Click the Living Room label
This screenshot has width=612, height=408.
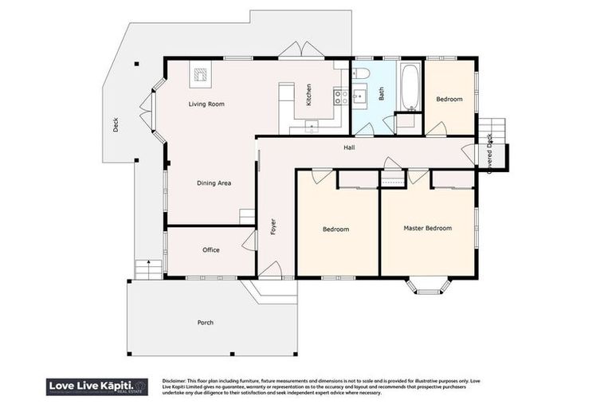(206, 104)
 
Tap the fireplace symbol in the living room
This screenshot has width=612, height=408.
(200, 76)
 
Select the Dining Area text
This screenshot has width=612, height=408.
(214, 183)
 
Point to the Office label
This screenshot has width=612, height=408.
(210, 250)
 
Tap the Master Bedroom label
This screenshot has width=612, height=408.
(427, 229)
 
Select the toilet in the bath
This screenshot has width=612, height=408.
(360, 74)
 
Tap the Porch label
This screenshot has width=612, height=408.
(206, 323)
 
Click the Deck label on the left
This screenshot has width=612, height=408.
(116, 125)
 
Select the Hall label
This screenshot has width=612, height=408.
(349, 147)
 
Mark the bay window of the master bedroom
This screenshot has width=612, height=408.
(428, 285)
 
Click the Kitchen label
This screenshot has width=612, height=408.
(308, 96)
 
